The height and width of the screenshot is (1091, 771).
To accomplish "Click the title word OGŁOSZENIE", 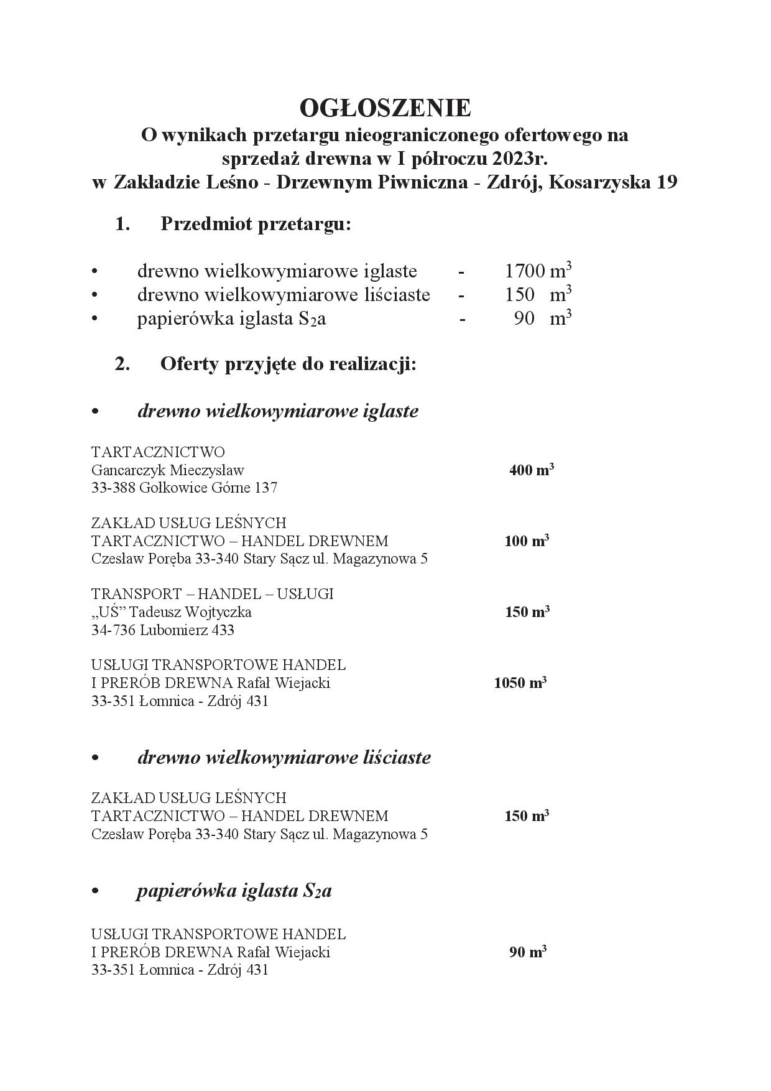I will (x=385, y=108).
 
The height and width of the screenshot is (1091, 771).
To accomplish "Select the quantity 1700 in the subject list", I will (x=525, y=271).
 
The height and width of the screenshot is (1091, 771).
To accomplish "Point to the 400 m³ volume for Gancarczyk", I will (x=531, y=470).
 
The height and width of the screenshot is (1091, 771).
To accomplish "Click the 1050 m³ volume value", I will (x=520, y=682).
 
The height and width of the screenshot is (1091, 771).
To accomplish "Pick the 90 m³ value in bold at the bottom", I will (x=527, y=952).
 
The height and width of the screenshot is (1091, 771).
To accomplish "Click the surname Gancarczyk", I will (x=127, y=470).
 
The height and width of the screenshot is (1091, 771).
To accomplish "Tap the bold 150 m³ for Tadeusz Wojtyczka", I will (x=527, y=611).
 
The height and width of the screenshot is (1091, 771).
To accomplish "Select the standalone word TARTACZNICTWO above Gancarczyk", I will (x=158, y=452).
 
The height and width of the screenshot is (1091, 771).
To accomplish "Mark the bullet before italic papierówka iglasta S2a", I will (x=95, y=891).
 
